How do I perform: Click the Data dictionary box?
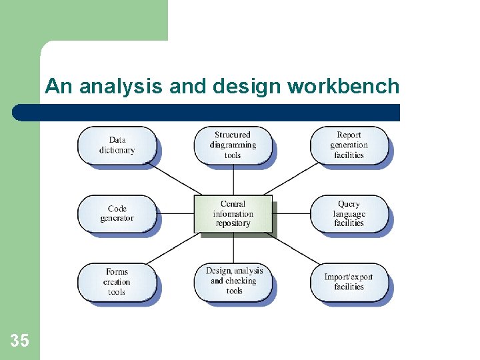[x=117, y=145]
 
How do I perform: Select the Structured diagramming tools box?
[x=233, y=145]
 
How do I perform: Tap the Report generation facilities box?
[x=349, y=145]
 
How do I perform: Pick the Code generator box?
[x=117, y=214]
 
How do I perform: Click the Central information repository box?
[x=233, y=214]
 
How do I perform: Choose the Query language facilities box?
[x=349, y=214]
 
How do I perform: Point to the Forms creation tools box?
[x=117, y=282]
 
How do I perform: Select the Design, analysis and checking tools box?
[x=234, y=281]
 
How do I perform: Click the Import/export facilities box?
[x=349, y=282]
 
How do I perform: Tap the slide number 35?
[x=20, y=341]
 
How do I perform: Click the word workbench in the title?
[x=343, y=87]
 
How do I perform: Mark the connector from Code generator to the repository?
[x=177, y=214]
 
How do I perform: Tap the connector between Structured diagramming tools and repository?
[x=233, y=180]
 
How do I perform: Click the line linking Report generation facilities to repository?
[x=292, y=179]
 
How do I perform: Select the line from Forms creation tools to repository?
[x=175, y=249]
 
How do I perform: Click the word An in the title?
[x=57, y=87]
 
